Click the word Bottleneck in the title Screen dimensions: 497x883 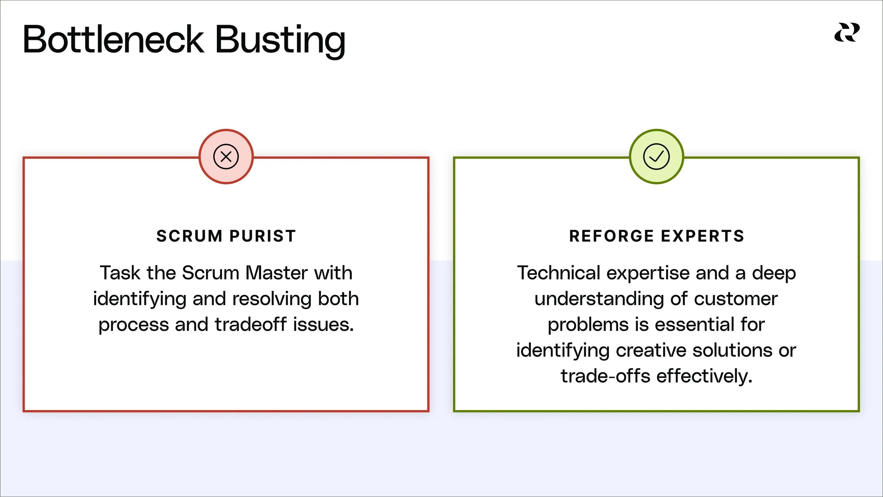113,40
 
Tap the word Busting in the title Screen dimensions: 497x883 280,40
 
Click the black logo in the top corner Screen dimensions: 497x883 847,33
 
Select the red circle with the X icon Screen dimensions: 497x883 226,156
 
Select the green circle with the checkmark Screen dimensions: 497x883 656,156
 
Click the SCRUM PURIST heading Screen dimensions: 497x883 226,236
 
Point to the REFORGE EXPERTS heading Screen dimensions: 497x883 657,236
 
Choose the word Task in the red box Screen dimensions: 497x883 120,273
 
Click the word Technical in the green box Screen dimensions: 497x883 558,273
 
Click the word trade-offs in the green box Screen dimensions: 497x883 605,376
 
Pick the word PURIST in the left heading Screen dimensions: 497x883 263,236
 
